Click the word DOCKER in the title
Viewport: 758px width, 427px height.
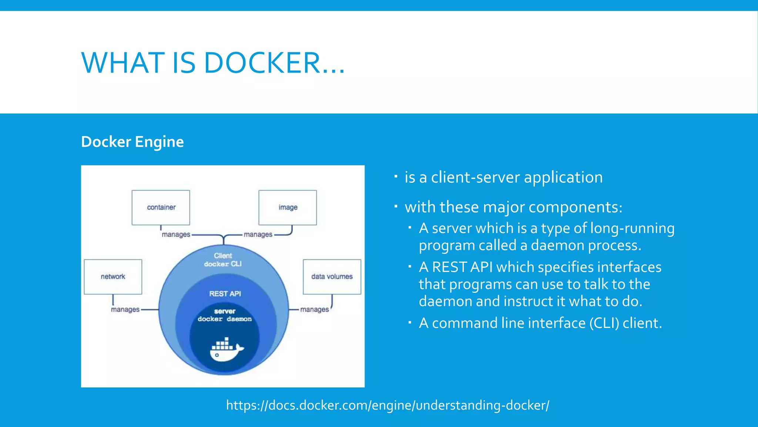tap(262, 63)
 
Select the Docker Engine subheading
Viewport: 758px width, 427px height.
tap(132, 142)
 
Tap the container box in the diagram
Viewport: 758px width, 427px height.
tap(161, 208)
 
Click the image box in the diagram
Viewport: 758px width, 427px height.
tap(288, 208)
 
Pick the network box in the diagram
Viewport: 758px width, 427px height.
tap(113, 277)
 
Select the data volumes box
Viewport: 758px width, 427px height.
tap(332, 277)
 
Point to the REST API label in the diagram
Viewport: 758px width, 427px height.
tap(225, 294)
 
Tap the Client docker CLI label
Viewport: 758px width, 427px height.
tap(223, 260)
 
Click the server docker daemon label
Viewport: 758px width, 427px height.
tap(225, 315)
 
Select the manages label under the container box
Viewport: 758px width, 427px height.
tap(176, 235)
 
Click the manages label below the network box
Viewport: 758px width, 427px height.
tap(125, 310)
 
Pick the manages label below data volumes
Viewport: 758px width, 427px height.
tap(314, 310)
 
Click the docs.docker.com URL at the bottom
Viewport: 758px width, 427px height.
tap(388, 405)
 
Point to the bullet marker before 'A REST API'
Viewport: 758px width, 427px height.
tap(410, 267)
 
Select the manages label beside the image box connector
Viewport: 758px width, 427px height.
tap(258, 235)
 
